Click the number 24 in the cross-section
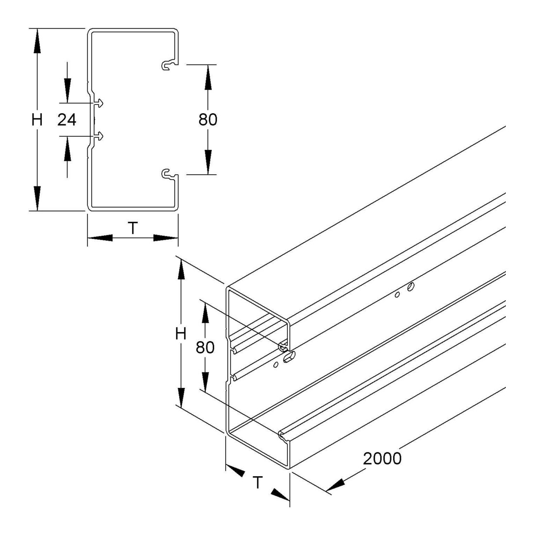67,119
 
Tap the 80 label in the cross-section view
208,119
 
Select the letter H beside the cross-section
37,120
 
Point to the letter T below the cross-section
133,228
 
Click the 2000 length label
382,459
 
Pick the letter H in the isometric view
181,334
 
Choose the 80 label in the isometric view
205,348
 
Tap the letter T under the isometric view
258,483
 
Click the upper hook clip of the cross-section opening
169,65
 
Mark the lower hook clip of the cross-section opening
169,174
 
